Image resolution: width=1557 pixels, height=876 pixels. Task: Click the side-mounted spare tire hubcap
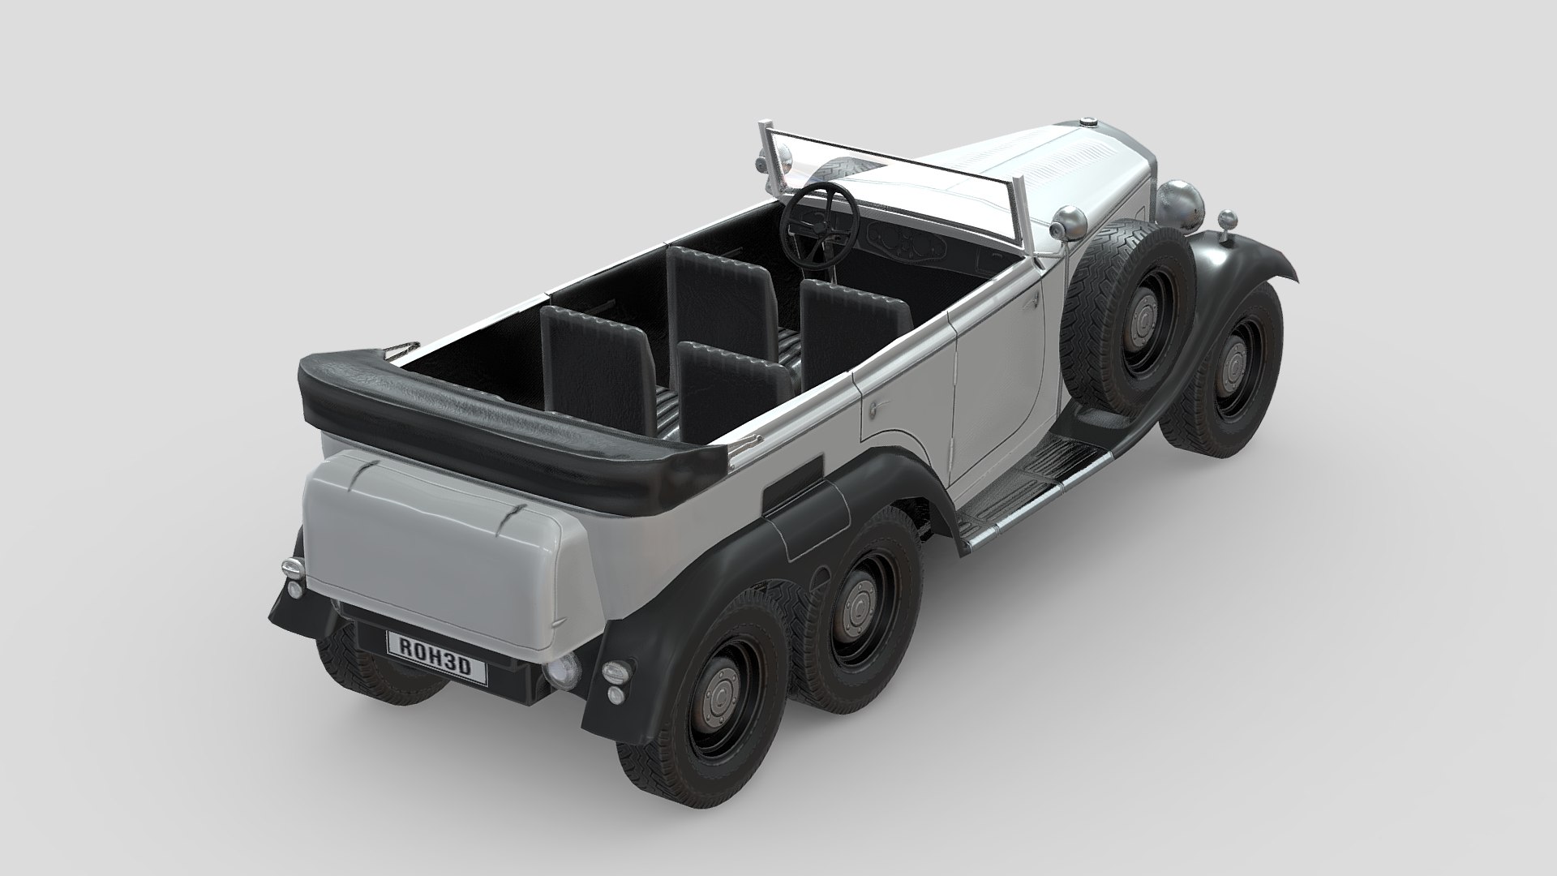[1144, 311]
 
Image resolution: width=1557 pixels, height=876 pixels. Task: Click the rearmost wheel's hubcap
[718, 695]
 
